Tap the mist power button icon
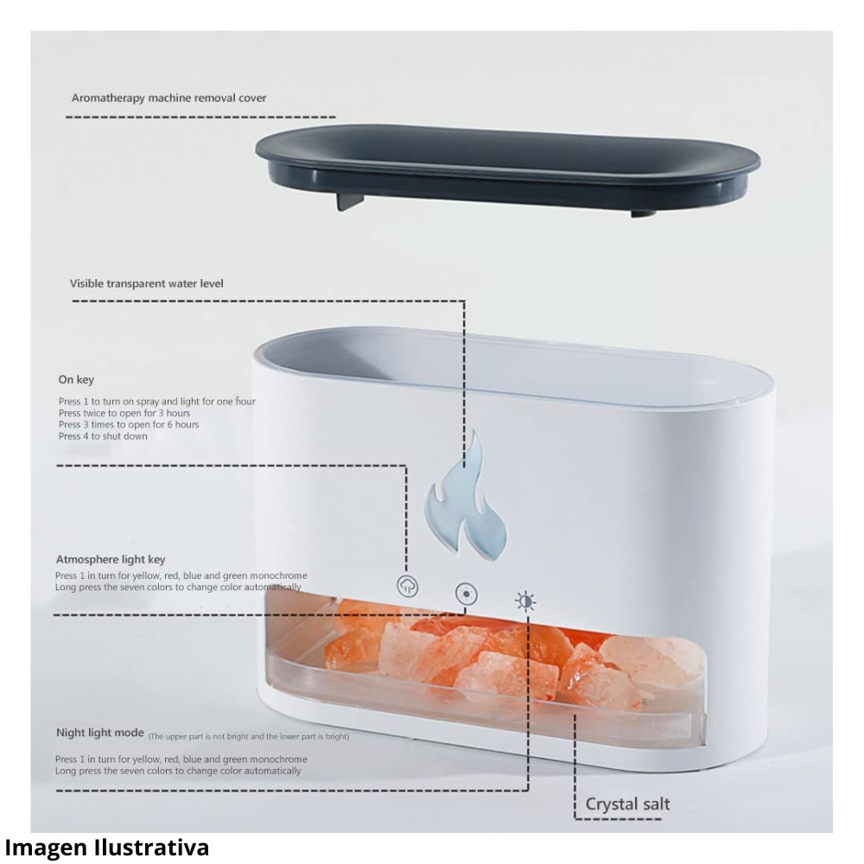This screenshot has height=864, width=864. tap(407, 585)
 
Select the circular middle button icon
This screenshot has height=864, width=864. tap(467, 594)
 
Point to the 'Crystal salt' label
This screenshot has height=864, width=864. tap(627, 804)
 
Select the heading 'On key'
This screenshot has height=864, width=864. tap(76, 379)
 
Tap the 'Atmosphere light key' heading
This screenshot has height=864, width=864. tap(110, 559)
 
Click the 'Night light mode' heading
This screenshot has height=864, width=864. tap(99, 733)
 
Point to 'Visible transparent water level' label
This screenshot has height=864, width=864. tap(147, 283)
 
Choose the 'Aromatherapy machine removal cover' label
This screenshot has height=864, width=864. tap(168, 98)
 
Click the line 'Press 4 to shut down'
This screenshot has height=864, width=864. tap(103, 436)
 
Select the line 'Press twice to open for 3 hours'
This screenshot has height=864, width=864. tap(124, 413)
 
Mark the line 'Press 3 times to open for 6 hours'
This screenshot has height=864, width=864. tap(129, 424)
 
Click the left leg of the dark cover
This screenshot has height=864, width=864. tap(347, 200)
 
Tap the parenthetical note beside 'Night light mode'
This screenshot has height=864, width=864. tap(249, 736)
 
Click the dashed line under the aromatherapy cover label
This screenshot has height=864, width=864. tap(203, 116)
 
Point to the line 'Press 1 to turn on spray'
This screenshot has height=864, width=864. tap(156, 402)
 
